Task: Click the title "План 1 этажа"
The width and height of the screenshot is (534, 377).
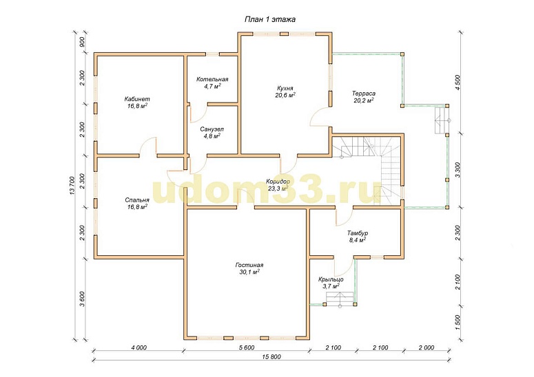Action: [x=269, y=19]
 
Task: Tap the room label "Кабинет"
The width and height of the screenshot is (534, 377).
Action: [x=137, y=99]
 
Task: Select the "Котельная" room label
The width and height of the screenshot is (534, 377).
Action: [x=212, y=79]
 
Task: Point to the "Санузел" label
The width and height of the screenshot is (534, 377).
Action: [x=212, y=129]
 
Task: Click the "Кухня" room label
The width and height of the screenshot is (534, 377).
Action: [x=285, y=88]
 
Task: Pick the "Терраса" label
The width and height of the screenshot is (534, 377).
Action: [x=364, y=94]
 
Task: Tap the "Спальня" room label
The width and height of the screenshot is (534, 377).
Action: [x=137, y=200]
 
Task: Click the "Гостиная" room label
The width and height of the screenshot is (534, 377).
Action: [x=249, y=265]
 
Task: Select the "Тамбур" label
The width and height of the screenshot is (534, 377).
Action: [x=358, y=233]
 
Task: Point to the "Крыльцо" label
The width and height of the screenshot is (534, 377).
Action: [x=331, y=279]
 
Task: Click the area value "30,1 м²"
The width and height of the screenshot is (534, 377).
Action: [x=249, y=272]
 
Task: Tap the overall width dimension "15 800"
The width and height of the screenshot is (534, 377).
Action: [x=271, y=356]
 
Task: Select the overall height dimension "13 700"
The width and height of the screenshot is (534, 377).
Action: [x=72, y=186]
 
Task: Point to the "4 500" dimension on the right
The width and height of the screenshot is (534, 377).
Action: [x=458, y=82]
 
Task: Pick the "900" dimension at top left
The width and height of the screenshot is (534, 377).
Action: [x=82, y=41]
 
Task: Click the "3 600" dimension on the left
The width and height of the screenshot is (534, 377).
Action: [x=82, y=299]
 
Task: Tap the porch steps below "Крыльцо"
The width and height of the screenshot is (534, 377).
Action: [x=340, y=299]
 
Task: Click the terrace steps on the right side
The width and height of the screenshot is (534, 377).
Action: [x=442, y=120]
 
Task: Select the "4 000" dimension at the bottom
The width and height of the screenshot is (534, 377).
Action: [x=138, y=347]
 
